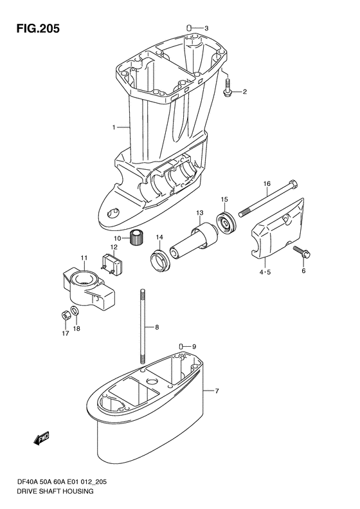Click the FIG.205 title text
tap(39, 28)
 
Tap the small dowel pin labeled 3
tap(190, 27)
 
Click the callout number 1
tap(114, 127)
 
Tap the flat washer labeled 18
tap(75, 311)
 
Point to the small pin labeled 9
tap(182, 346)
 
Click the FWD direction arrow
tap(42, 438)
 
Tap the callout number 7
tap(217, 391)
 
